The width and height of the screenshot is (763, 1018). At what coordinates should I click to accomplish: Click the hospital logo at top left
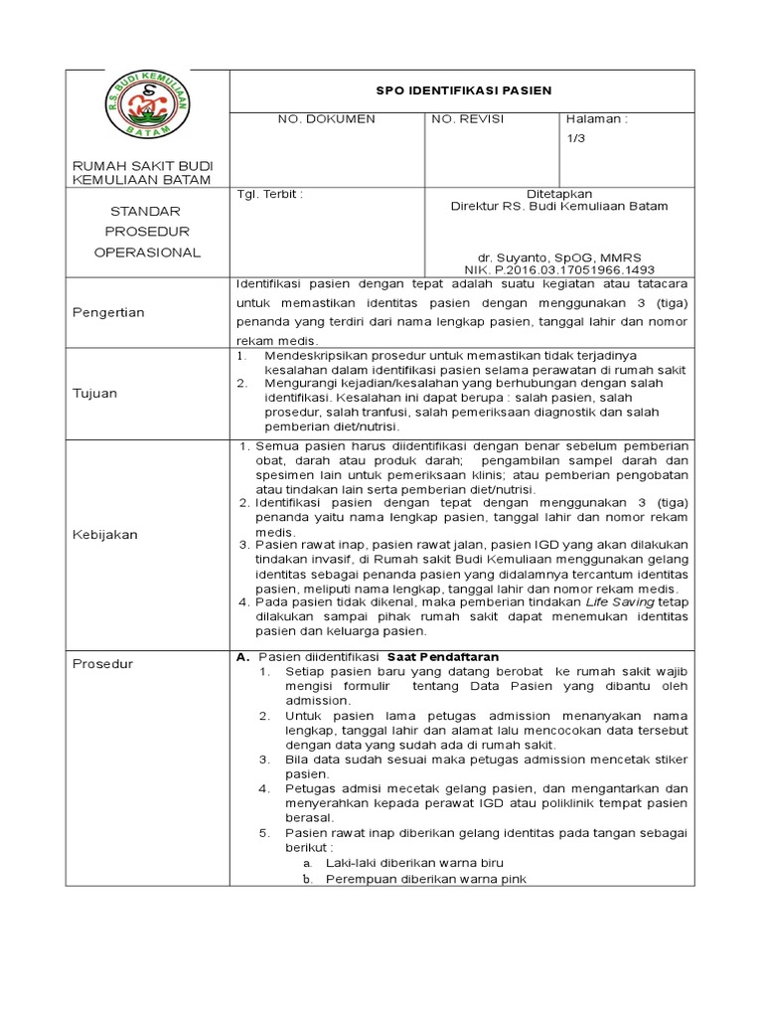click(x=148, y=103)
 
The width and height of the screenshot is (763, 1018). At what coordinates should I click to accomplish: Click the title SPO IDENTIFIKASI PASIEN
click(x=463, y=90)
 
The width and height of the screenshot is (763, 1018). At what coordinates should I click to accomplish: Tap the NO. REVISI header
click(x=468, y=119)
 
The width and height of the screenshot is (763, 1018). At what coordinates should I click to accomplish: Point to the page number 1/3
click(x=575, y=141)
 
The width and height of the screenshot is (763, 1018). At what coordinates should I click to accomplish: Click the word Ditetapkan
click(x=559, y=194)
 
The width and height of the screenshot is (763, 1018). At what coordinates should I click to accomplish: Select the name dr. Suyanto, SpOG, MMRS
click(x=559, y=256)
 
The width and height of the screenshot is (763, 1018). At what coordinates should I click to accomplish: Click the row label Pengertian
click(x=108, y=312)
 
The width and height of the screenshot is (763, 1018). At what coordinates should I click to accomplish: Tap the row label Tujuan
click(x=94, y=393)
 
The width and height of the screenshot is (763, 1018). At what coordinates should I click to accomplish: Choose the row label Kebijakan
click(x=104, y=534)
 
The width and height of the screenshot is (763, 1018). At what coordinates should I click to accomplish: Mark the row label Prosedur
click(x=103, y=664)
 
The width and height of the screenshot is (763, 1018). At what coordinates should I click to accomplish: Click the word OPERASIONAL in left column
click(x=147, y=253)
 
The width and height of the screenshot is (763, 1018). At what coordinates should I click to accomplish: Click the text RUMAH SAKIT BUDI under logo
click(x=142, y=165)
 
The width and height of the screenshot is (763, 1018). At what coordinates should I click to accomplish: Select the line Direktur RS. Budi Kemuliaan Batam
click(x=559, y=207)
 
